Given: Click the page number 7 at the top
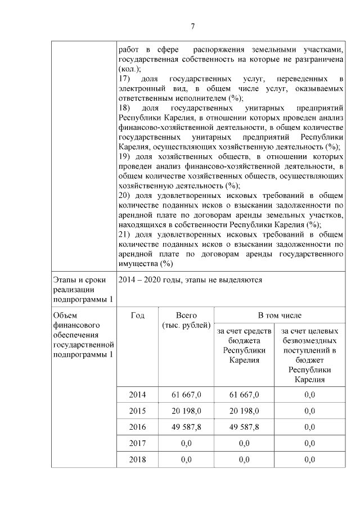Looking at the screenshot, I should coord(192,26).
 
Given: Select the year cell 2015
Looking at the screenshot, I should coord(137,411).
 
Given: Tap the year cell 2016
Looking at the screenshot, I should coord(137,427).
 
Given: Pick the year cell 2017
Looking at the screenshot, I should coord(137,444).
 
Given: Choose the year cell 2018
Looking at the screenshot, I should coord(137,460).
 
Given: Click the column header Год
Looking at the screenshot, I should coord(137,316).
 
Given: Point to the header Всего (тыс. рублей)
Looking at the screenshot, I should coord(186,321).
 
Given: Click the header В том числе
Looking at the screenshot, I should coord(280,316).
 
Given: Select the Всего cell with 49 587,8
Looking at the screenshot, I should coord(186,427).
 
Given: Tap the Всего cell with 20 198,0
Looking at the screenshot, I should coord(186,411).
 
